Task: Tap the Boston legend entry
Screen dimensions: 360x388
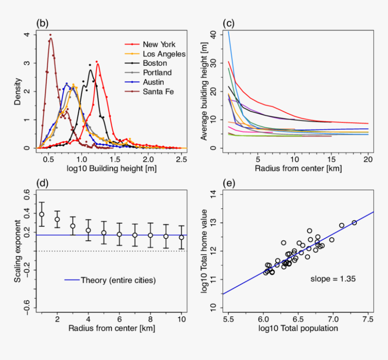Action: click(154, 63)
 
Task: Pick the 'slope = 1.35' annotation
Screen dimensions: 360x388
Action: click(333, 279)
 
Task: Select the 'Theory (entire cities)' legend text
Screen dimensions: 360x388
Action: click(118, 280)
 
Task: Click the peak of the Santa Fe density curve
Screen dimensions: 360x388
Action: click(51, 35)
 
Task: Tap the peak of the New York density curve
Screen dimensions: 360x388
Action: click(97, 62)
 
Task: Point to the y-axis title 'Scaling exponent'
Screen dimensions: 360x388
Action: click(17, 251)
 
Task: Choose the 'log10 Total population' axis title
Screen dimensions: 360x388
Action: click(298, 328)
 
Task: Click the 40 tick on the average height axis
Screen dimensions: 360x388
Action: click(213, 35)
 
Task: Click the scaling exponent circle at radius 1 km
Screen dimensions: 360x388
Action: click(42, 214)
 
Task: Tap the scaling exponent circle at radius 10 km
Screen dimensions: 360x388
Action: click(182, 237)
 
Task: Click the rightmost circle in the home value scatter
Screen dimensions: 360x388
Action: click(354, 222)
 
